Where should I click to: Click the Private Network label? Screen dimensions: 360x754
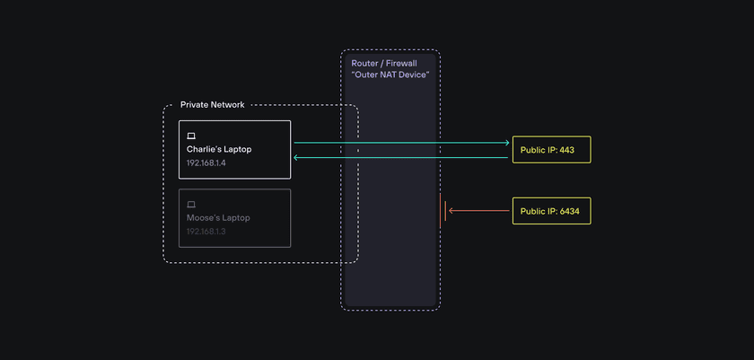pos(212,105)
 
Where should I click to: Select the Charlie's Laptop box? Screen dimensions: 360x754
pos(234,149)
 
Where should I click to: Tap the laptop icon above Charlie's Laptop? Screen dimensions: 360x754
pos(191,135)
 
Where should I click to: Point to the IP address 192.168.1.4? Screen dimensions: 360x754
pos(206,163)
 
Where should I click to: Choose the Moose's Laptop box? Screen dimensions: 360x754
pos(234,217)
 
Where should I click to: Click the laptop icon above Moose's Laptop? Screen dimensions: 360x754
pos(191,204)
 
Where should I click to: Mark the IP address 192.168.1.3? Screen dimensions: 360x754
pos(206,232)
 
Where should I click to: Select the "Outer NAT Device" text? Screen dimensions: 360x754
pos(390,75)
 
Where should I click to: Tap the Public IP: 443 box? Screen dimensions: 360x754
pos(551,149)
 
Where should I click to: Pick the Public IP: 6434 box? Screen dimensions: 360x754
pos(551,211)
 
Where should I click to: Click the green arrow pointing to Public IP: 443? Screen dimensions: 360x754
pos(404,142)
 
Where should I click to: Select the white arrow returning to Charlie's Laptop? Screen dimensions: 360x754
pos(404,157)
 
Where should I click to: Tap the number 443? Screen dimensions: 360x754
pos(566,149)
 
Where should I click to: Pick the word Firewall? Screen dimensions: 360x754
pos(402,64)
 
